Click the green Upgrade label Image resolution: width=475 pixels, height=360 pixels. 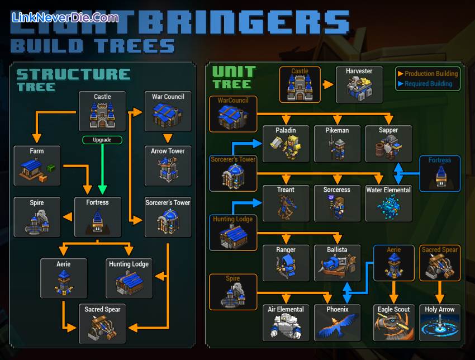click(102, 140)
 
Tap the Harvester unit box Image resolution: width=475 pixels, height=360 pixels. click(359, 84)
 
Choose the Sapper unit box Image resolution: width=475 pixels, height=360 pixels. click(388, 144)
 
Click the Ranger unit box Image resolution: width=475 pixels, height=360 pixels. click(286, 263)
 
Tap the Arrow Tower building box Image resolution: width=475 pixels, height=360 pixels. click(168, 165)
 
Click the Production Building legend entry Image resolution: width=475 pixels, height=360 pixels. click(427, 73)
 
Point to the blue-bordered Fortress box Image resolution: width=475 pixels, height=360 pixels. click(440, 173)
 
